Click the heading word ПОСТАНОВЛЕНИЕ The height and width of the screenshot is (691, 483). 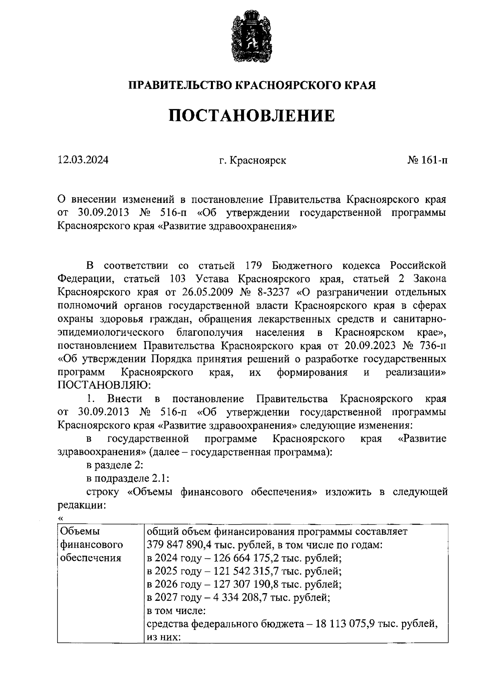tap(252, 116)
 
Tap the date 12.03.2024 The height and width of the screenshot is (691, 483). tap(83, 160)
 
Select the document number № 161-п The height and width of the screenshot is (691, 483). tap(427, 160)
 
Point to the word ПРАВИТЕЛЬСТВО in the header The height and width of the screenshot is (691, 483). tap(180, 85)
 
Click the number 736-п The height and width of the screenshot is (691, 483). tap(433, 345)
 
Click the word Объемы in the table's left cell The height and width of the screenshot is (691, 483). tap(80, 532)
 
